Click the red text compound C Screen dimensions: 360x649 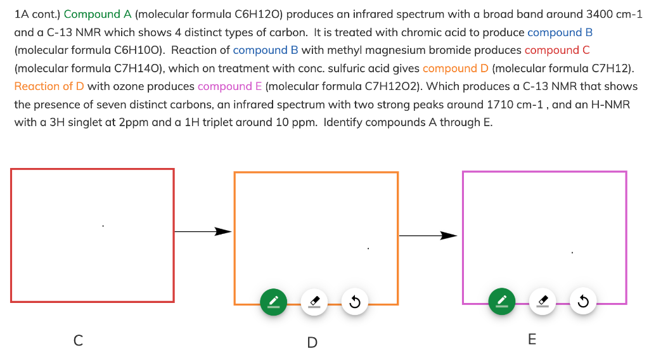(x=557, y=50)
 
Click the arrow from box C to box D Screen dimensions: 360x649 (x=203, y=231)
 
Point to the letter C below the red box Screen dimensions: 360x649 (x=78, y=341)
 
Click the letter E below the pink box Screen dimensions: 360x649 (x=532, y=340)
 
